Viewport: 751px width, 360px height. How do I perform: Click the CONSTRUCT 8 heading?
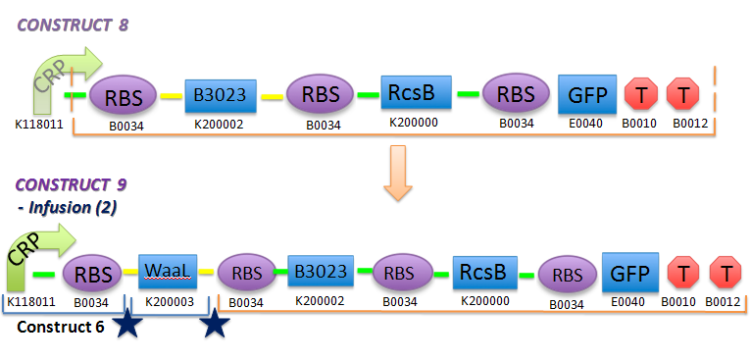[x=72, y=23]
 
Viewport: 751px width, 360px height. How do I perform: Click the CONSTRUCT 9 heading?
[x=70, y=183]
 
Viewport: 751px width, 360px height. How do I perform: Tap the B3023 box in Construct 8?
[x=220, y=95]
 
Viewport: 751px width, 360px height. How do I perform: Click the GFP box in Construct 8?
[x=587, y=95]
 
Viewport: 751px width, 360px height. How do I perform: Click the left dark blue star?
[x=127, y=325]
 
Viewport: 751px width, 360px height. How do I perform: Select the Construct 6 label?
[x=61, y=326]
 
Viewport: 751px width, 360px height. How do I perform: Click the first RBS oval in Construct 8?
[x=123, y=96]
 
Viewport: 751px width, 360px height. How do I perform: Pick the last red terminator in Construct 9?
[x=726, y=271]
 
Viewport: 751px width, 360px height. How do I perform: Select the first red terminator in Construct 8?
[x=641, y=94]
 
